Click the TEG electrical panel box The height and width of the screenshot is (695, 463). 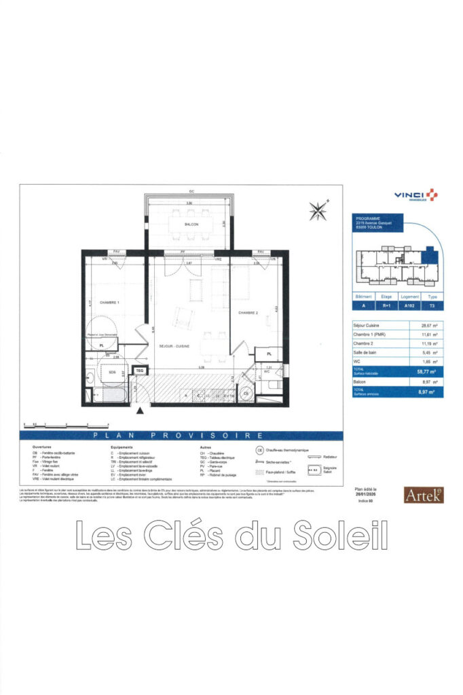139,371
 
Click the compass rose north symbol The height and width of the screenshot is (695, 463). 318,210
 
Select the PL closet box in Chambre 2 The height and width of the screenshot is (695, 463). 270,354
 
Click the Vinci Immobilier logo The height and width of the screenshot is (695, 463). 415,195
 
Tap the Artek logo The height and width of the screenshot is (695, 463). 423,495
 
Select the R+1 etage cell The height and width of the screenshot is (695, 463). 386,307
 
